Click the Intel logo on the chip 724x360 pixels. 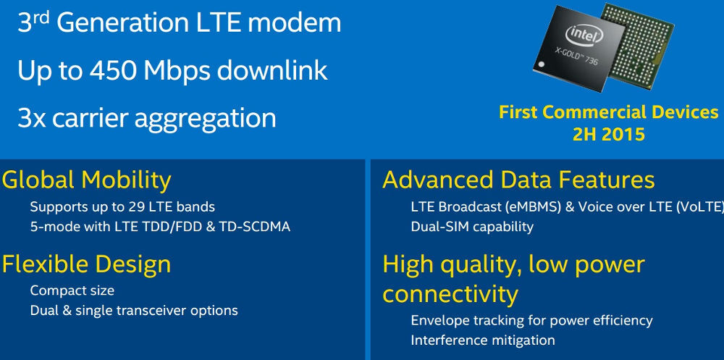(584, 34)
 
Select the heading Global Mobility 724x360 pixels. (86, 180)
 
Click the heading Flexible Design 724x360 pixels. (86, 264)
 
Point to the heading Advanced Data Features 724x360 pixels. (518, 180)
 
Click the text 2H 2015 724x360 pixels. (609, 134)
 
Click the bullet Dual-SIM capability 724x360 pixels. (472, 227)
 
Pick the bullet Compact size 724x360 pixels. (72, 290)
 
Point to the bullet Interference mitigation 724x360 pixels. (482, 340)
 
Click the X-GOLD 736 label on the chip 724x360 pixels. (576, 56)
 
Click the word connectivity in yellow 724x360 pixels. (450, 294)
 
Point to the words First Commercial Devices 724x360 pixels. (609, 112)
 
